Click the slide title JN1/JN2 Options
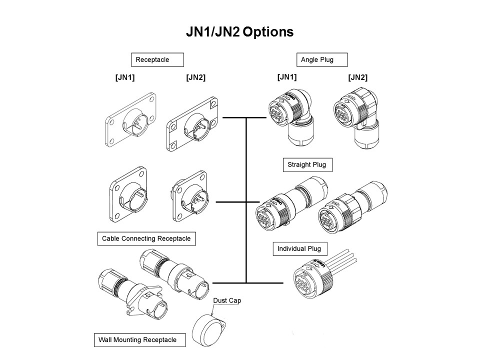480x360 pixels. [239, 32]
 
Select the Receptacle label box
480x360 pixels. [157, 60]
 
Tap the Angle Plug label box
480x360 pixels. [321, 60]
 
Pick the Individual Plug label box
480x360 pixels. [299, 248]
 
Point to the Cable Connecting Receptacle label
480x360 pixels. [146, 238]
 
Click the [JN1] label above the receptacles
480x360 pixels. [124, 77]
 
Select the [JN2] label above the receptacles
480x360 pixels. [195, 77]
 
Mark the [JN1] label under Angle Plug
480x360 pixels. [286, 77]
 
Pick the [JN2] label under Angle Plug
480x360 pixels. [357, 77]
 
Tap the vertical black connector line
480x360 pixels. [246, 200]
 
